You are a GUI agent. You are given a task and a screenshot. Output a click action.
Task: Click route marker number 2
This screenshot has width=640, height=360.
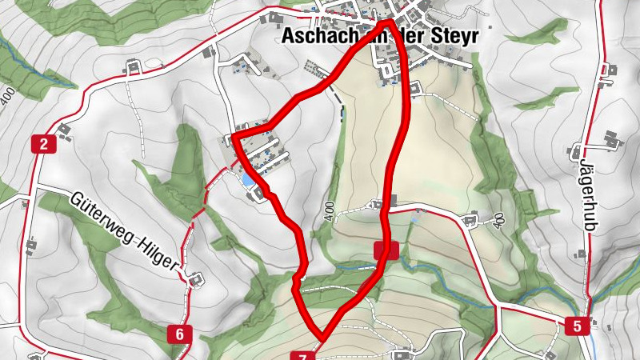click(x=42, y=145)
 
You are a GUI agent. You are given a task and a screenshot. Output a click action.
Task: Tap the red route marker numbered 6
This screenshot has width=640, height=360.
click(x=181, y=334)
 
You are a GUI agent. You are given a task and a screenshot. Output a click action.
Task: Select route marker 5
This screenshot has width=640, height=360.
click(x=577, y=326)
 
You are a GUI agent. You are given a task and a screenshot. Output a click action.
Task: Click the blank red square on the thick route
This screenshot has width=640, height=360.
click(x=386, y=250)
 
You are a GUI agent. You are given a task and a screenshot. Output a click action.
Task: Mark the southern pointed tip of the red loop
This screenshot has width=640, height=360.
click(x=322, y=335)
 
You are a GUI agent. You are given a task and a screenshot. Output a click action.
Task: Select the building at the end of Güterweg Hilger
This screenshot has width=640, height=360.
click(x=194, y=279)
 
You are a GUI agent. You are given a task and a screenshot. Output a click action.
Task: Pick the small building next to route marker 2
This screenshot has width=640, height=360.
click(x=62, y=127)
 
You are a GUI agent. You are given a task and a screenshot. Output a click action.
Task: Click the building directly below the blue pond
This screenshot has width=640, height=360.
click(x=258, y=194)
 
